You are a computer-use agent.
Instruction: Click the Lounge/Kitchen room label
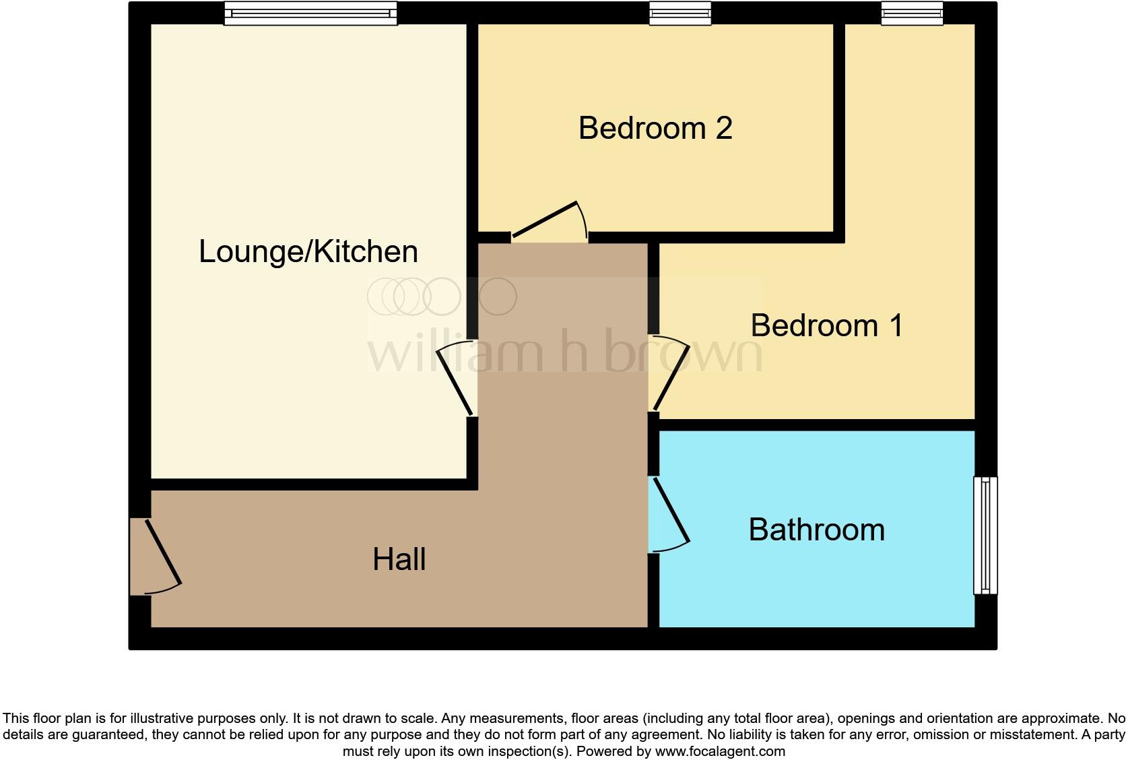pyautogui.click(x=308, y=252)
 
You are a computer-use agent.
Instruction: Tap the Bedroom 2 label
pyautogui.click(x=655, y=128)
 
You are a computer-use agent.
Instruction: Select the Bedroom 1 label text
pyautogui.click(x=826, y=326)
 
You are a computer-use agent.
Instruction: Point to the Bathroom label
pyautogui.click(x=816, y=530)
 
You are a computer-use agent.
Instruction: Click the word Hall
pyautogui.click(x=399, y=560)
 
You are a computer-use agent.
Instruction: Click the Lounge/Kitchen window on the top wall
pyautogui.click(x=310, y=13)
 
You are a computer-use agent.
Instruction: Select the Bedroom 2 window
pyautogui.click(x=680, y=13)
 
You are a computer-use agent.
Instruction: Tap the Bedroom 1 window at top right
pyautogui.click(x=912, y=13)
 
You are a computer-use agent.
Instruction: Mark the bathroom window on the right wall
pyautogui.click(x=985, y=536)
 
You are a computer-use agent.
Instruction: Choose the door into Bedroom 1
pyautogui.click(x=671, y=374)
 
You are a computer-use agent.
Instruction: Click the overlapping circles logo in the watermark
pyautogui.click(x=441, y=296)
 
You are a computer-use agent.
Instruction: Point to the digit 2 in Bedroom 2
pyautogui.click(x=724, y=128)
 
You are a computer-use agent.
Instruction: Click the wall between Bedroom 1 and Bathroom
pyautogui.click(x=816, y=424)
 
